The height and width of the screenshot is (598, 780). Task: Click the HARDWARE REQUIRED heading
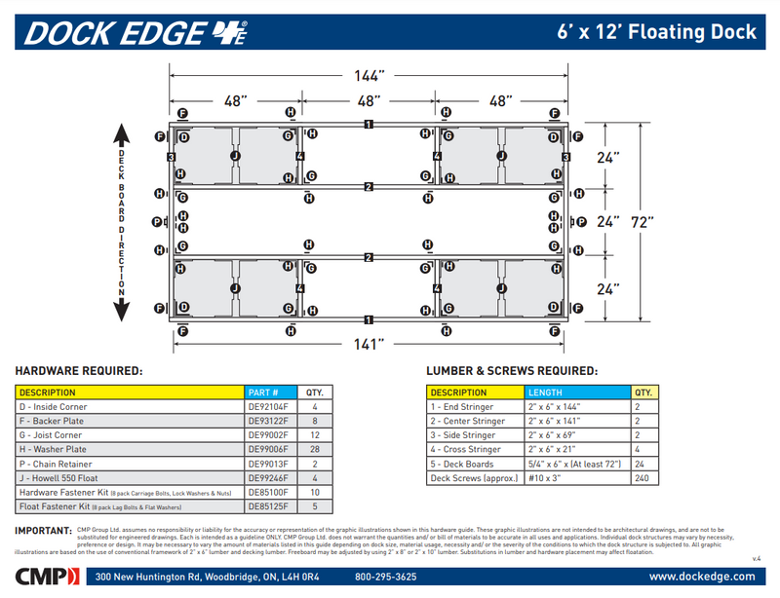click(80, 371)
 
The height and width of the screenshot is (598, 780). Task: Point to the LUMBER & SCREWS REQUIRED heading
click(511, 371)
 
